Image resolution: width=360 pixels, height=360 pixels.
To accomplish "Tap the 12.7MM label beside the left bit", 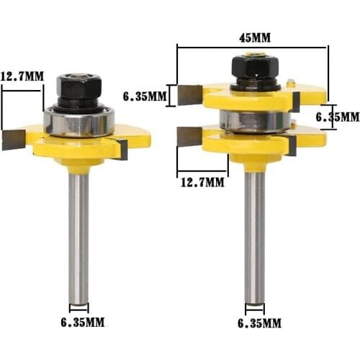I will [23, 76].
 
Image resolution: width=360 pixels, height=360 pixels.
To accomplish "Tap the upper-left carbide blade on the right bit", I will [190, 92].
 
